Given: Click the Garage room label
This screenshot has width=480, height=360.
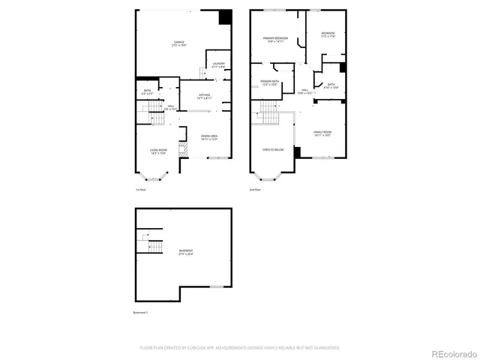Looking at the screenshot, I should [178, 43].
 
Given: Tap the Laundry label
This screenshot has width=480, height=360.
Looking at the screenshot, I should [218, 65].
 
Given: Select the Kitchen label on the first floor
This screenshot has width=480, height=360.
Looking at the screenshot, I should [204, 96].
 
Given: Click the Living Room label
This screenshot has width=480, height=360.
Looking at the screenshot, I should [157, 152].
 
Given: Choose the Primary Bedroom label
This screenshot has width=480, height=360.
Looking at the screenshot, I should [275, 40].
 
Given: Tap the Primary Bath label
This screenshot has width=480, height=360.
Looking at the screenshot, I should [270, 82].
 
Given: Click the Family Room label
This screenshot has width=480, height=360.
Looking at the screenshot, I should [323, 134].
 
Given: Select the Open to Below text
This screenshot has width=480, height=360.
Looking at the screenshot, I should [273, 150].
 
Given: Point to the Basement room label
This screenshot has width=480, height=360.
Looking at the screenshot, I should [185, 251].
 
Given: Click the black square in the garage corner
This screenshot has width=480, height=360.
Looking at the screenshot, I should [224, 18].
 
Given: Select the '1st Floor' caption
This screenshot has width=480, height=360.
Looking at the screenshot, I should [140, 190].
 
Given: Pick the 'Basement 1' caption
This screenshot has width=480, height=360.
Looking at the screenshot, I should [141, 312].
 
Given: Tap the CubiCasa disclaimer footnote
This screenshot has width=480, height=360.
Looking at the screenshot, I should [240, 347].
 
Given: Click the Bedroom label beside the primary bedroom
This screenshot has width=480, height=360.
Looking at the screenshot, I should [328, 34].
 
